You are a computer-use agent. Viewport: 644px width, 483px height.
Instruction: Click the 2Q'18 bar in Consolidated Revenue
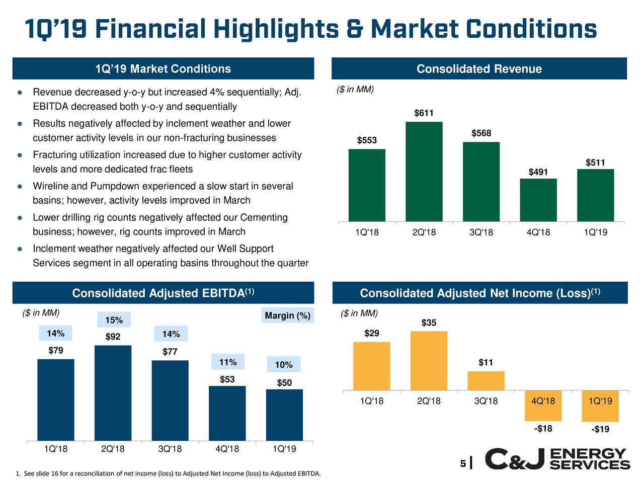pyautogui.click(x=424, y=172)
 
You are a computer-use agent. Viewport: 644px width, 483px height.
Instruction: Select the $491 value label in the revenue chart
pyautogui.click(x=538, y=172)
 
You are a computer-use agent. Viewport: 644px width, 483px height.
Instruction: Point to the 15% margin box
pyautogui.click(x=114, y=320)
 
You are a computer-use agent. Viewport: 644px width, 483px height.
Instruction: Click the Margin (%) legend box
pyautogui.click(x=287, y=315)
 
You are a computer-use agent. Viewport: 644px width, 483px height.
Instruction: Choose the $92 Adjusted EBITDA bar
pyautogui.click(x=113, y=392)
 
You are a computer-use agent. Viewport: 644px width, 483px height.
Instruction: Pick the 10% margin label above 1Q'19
pyautogui.click(x=284, y=365)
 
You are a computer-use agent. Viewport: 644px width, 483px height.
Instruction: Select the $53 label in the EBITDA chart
pyautogui.click(x=227, y=379)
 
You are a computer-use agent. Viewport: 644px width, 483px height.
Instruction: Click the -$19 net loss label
pyautogui.click(x=600, y=429)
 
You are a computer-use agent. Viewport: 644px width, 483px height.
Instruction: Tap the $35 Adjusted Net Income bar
pyautogui.click(x=429, y=360)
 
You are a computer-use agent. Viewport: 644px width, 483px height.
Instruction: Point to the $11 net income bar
pyautogui.click(x=486, y=381)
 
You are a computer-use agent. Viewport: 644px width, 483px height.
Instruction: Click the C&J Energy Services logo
pyautogui.click(x=557, y=459)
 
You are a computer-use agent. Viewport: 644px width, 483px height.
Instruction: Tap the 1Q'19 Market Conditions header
pyautogui.click(x=163, y=69)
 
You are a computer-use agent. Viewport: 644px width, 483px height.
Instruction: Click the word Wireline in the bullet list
pyautogui.click(x=52, y=186)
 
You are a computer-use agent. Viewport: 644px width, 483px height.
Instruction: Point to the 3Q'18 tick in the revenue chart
pyautogui.click(x=481, y=232)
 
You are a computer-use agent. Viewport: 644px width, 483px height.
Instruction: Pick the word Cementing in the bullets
pyautogui.click(x=264, y=217)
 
